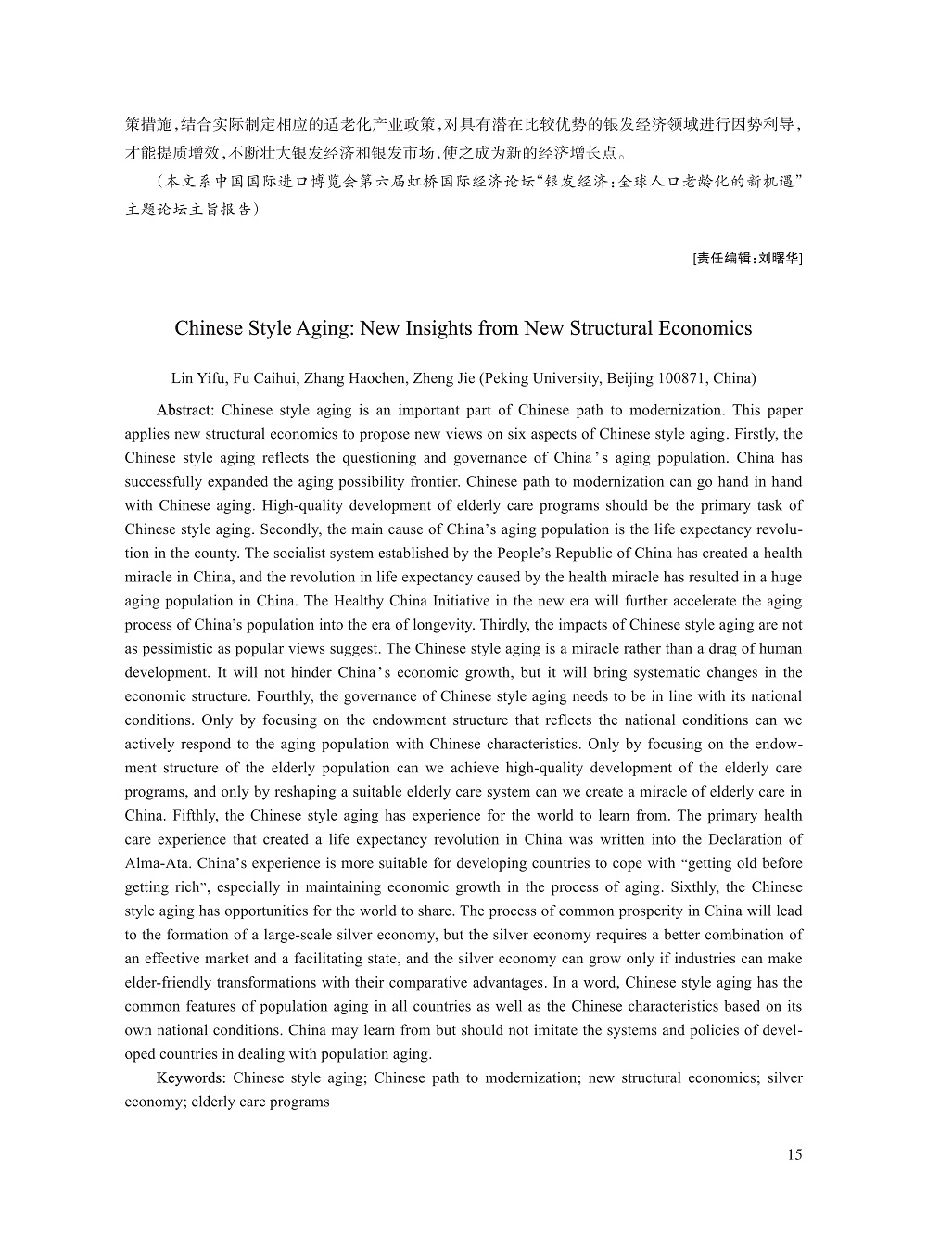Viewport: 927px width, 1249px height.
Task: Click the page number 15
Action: (794, 1154)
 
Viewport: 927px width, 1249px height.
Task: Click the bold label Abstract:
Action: (185, 410)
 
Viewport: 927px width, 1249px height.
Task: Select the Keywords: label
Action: (191, 1077)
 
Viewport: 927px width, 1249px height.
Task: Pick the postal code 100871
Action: (683, 378)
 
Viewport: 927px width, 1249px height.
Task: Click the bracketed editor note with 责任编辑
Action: (747, 259)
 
